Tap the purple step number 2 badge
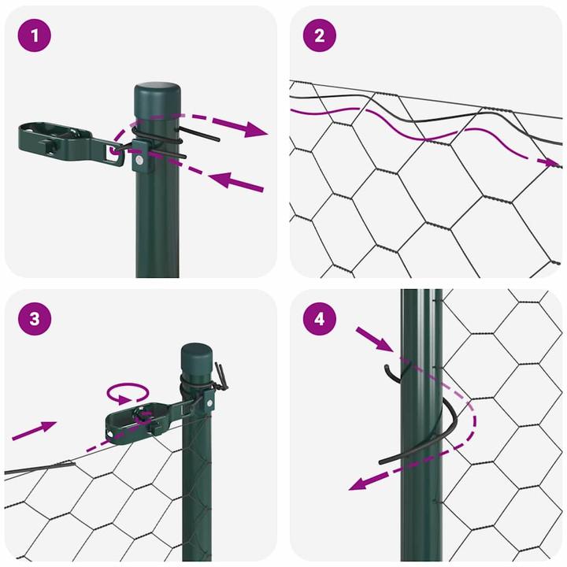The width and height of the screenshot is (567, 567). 319,35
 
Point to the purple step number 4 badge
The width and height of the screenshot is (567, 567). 319,319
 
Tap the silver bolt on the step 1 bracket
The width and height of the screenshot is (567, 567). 139,161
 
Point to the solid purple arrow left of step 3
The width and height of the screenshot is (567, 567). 35,430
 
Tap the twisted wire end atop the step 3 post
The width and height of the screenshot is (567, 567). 223,376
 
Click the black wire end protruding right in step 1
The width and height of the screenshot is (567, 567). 201,135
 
